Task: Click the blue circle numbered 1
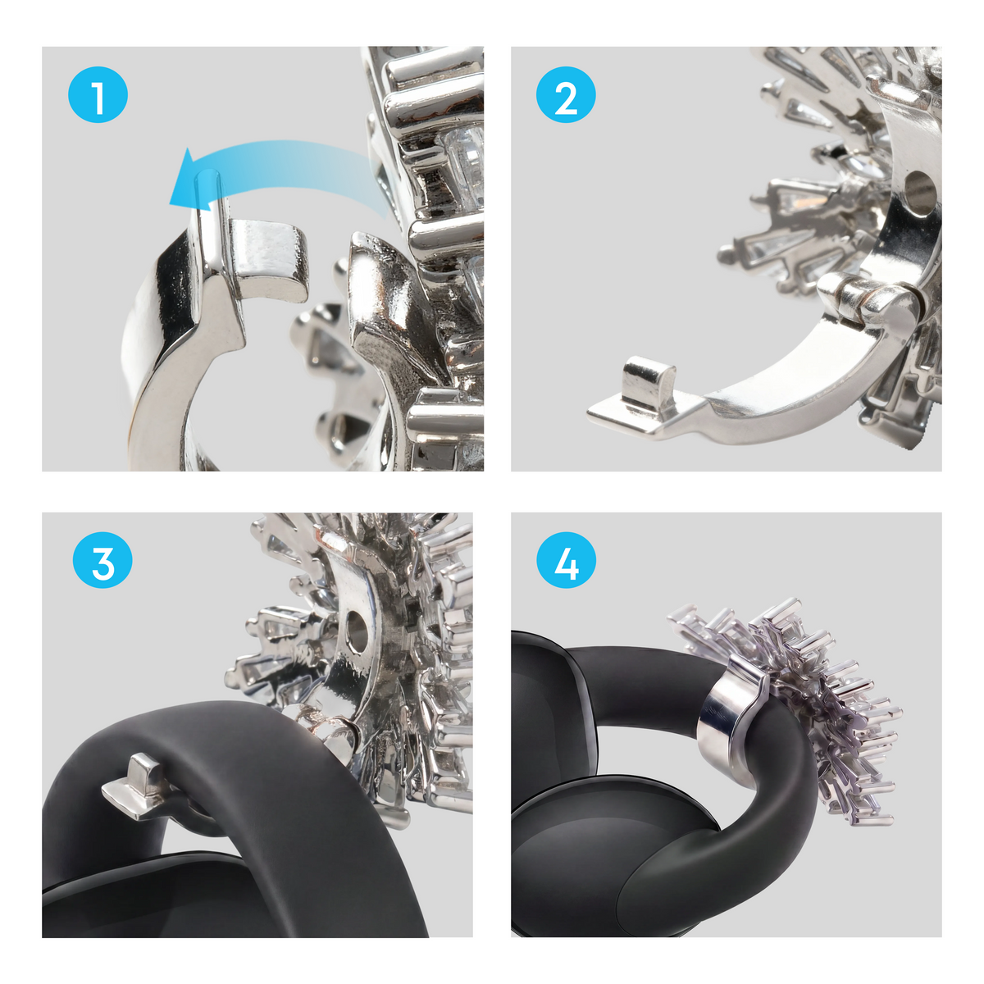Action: (x=98, y=94)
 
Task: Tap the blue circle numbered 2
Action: (x=565, y=94)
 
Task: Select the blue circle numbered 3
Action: (x=102, y=560)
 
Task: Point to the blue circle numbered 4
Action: (x=566, y=560)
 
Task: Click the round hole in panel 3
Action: (x=357, y=631)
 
